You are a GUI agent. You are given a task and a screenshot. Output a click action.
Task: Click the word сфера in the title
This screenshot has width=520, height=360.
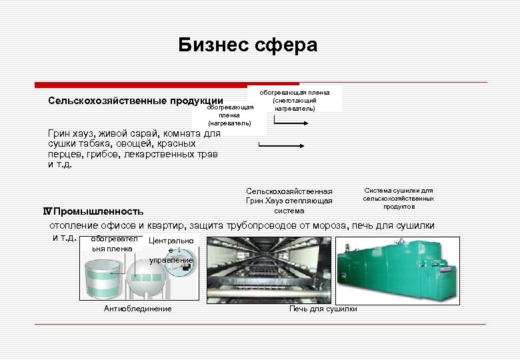coord(287,45)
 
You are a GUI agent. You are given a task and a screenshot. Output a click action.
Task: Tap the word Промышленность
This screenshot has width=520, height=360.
coord(98,212)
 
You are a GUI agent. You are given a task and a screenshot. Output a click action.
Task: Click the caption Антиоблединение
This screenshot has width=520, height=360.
coord(138,309)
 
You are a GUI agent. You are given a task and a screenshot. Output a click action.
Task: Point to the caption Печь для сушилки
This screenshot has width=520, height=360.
coord(323,309)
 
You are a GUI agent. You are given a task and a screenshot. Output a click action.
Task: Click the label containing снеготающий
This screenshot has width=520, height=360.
coord(294,100)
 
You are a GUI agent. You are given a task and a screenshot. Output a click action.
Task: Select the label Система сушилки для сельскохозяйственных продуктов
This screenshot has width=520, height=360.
coord(398,198)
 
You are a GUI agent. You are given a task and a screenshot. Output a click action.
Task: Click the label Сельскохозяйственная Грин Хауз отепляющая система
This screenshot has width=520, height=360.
coord(289,201)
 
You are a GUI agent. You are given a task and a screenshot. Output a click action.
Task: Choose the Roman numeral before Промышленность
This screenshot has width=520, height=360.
coord(47,212)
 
